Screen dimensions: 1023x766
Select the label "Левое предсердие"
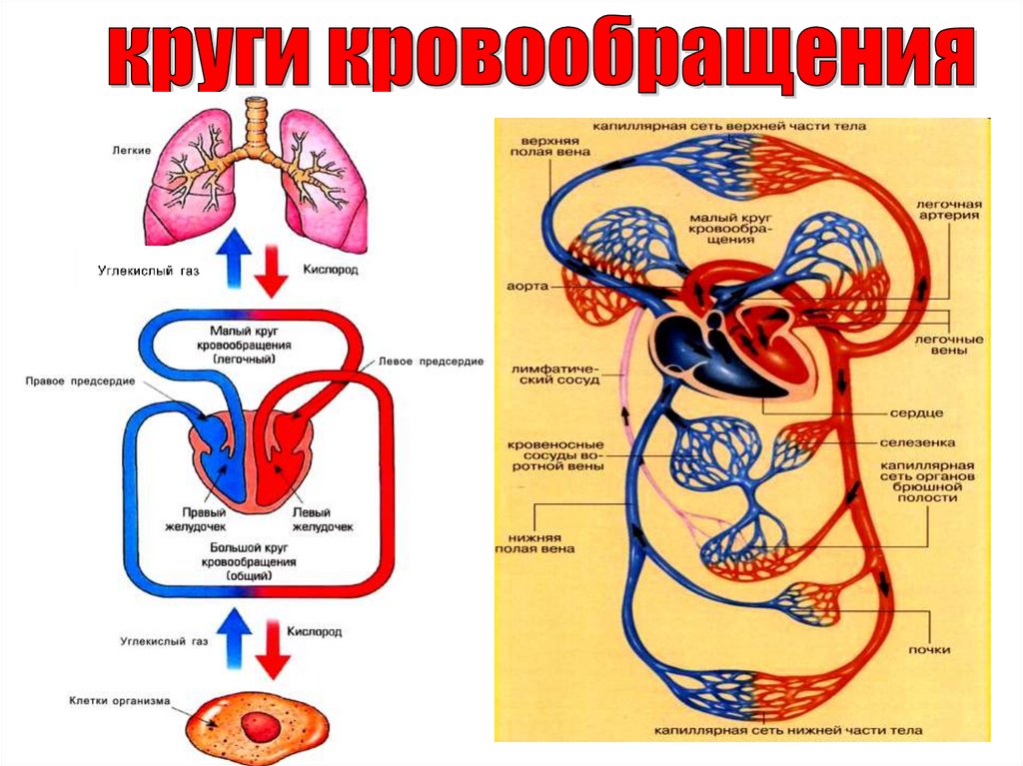pos(431,361)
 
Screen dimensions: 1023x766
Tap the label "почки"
pos(929,650)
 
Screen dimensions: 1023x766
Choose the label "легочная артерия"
pos(948,209)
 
